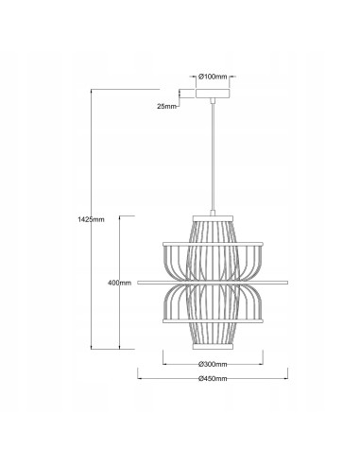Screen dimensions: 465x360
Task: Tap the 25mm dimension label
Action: click(166, 106)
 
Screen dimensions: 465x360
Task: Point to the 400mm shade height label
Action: click(120, 283)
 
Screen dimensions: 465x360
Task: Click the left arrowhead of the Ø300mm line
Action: click(165, 365)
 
